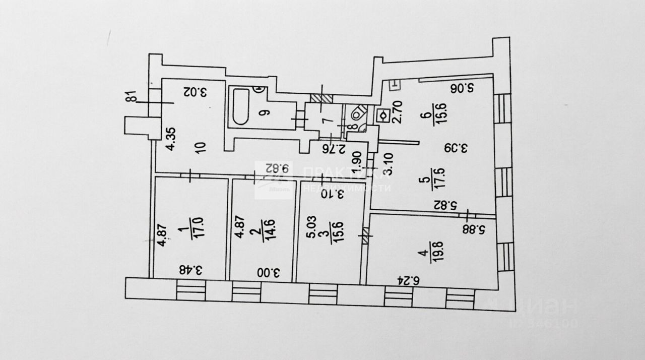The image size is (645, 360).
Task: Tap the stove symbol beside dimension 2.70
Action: click(383, 115)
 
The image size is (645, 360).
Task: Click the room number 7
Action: click(325, 120)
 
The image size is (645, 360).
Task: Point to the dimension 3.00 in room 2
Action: click(269, 273)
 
